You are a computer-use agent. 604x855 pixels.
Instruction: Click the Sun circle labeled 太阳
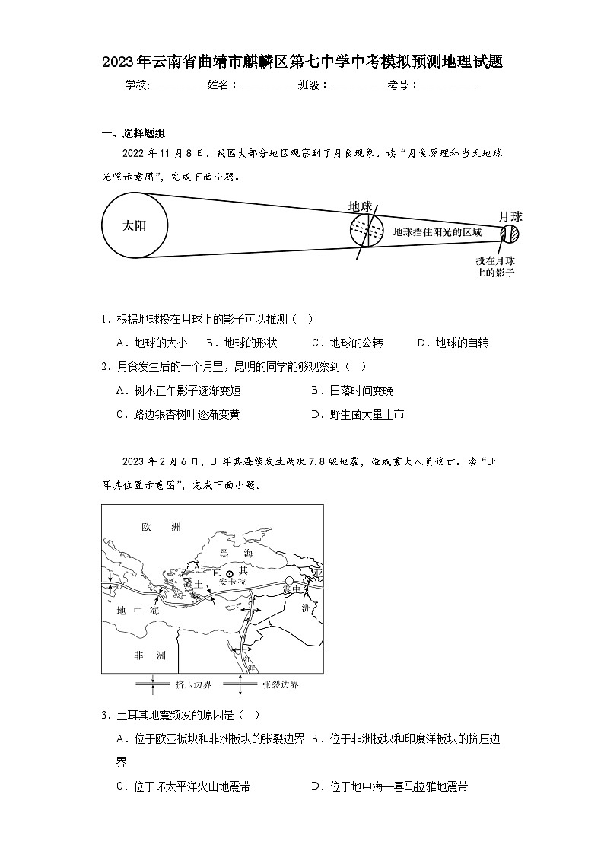135,225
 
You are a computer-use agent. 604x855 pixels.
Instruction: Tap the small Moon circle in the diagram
510,234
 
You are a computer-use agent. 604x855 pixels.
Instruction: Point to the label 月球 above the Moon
510,217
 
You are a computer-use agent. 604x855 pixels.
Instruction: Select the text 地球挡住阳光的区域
437,231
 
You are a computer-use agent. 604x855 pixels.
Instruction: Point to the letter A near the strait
196,567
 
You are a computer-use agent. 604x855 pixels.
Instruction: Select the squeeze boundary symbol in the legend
153,684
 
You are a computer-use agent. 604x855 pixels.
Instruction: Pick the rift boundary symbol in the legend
240,684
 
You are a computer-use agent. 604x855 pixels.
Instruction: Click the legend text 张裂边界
280,684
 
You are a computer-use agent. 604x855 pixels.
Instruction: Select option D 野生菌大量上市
357,414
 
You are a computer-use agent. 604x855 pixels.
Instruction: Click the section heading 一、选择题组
133,134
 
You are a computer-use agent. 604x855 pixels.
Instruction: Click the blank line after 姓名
269,85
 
